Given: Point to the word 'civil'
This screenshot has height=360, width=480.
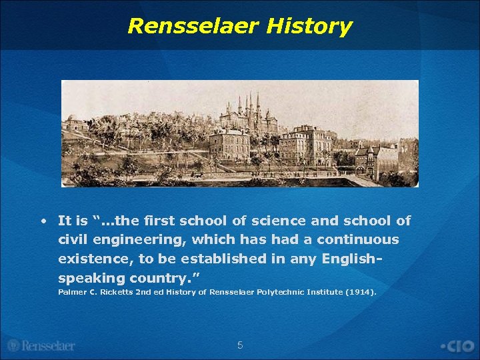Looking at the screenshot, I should pos(75,239).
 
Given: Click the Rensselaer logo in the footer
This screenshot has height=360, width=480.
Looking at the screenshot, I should pos(41,345).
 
